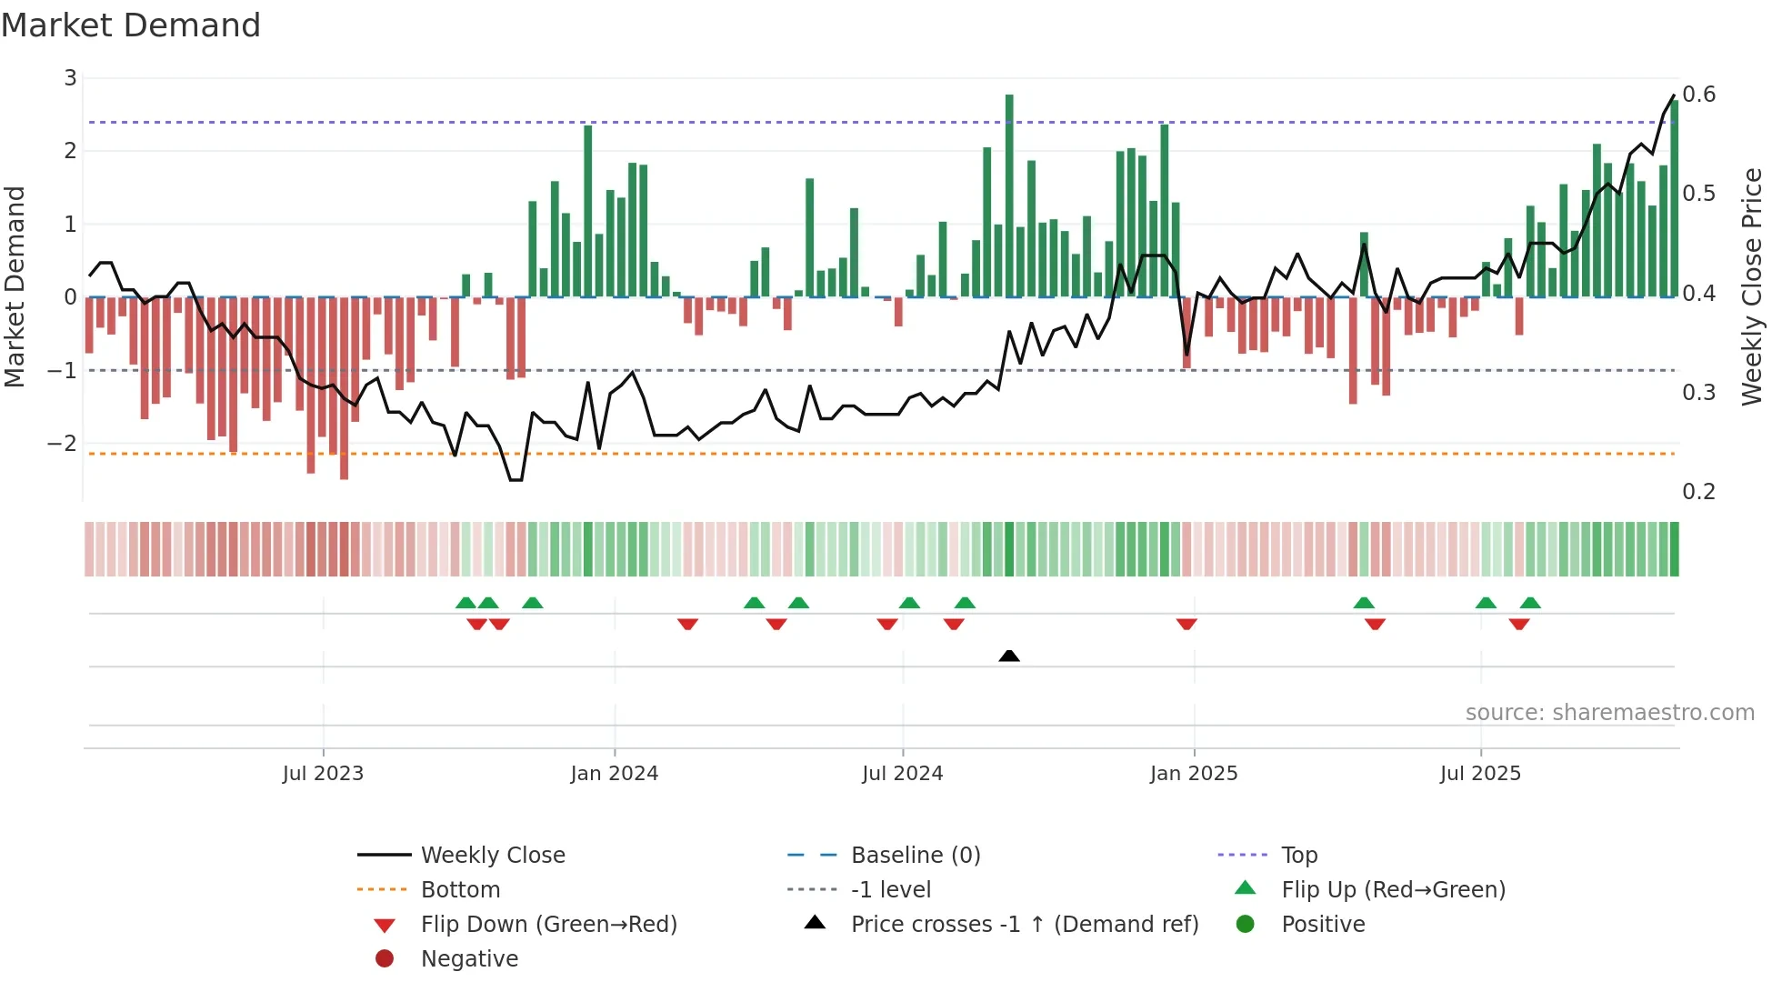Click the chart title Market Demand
pyautogui.click(x=131, y=25)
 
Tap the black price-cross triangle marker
pyautogui.click(x=1008, y=656)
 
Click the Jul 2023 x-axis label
pyautogui.click(x=323, y=774)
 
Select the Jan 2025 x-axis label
pyautogui.click(x=1193, y=774)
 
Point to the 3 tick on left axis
pyautogui.click(x=70, y=78)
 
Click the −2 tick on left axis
pyautogui.click(x=62, y=444)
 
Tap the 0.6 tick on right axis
pyautogui.click(x=1698, y=95)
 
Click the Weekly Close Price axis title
pyautogui.click(x=1751, y=286)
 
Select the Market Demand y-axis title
pyautogui.click(x=15, y=286)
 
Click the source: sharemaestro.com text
pyautogui.click(x=1609, y=713)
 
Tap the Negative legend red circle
pyautogui.click(x=385, y=959)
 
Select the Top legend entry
pyautogui.click(x=1299, y=856)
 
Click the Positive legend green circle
pyautogui.click(x=1246, y=925)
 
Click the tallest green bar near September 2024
pyautogui.click(x=1009, y=195)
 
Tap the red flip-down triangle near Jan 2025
pyautogui.click(x=1186, y=624)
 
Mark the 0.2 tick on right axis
pyautogui.click(x=1698, y=492)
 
